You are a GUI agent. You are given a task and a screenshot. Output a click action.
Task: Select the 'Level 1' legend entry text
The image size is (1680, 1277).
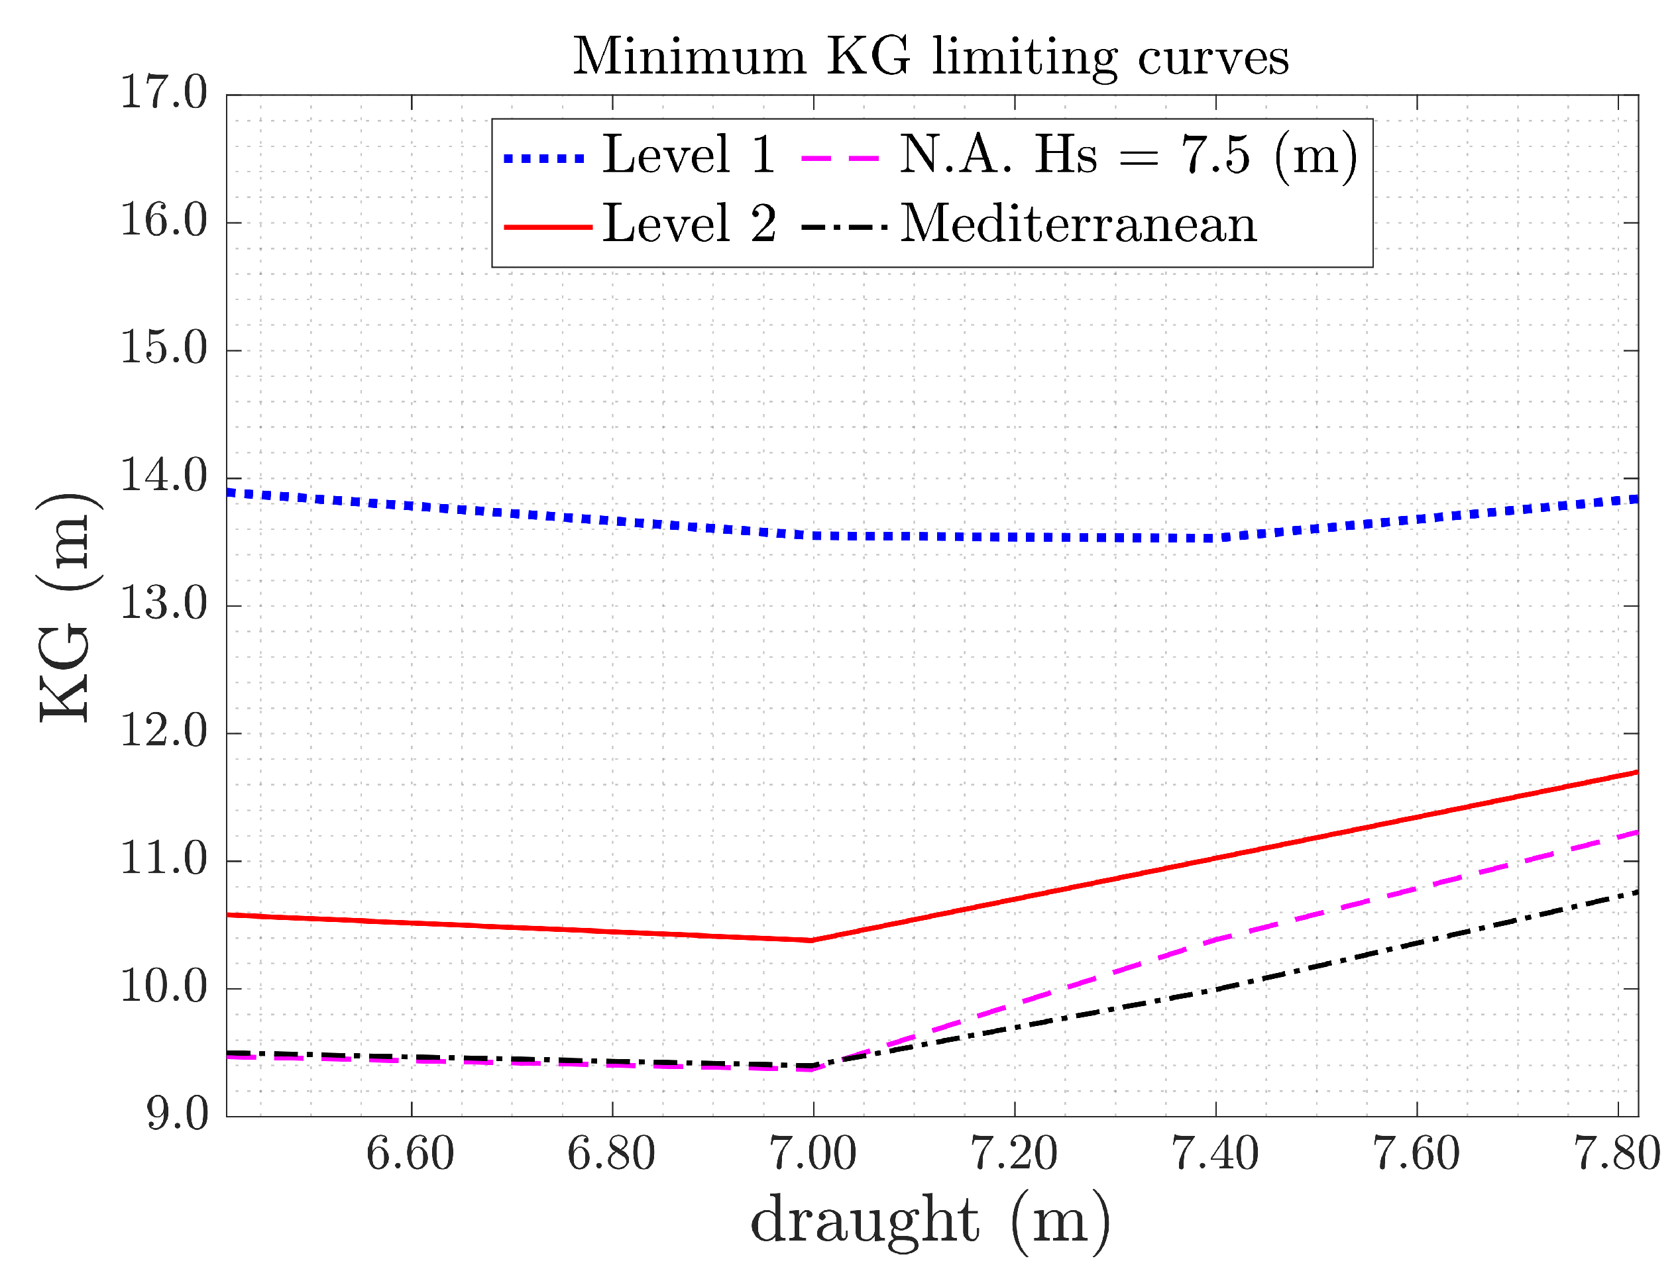click(689, 155)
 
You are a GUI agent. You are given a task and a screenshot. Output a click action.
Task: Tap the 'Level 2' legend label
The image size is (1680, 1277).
click(689, 225)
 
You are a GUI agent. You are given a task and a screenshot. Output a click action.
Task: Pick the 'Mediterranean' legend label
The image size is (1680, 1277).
click(1078, 225)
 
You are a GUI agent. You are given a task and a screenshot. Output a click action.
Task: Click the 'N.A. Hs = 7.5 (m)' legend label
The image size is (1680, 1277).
click(1128, 155)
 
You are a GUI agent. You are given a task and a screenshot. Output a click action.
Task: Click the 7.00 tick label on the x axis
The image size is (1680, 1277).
click(812, 1154)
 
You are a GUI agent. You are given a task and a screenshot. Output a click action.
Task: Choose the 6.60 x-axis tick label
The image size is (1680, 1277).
click(410, 1154)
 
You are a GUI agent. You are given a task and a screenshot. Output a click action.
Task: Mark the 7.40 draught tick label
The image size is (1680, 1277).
click(1215, 1154)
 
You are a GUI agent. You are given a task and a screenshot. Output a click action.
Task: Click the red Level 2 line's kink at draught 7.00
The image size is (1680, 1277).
click(811, 941)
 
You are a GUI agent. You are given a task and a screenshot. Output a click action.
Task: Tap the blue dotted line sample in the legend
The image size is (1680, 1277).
click(544, 159)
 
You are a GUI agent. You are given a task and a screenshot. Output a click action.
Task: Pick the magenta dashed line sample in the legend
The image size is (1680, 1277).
click(840, 159)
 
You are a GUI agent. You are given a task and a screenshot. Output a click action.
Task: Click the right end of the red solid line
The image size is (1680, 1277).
click(1635, 772)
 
